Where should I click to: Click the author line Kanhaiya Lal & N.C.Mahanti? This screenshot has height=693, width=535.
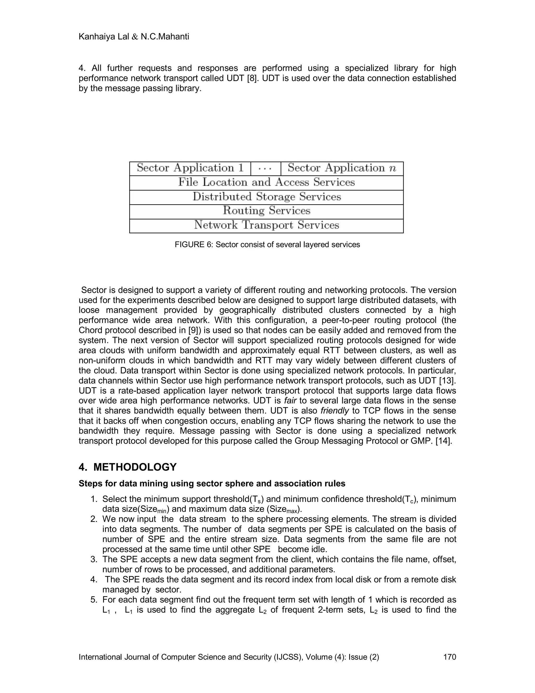tap(133, 37)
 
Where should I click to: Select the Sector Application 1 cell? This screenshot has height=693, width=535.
tap(190, 168)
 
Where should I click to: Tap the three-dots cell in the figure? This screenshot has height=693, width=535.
tap(265, 168)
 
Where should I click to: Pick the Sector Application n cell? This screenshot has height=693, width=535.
tap(342, 168)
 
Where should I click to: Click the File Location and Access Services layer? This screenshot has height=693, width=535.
tap(266, 183)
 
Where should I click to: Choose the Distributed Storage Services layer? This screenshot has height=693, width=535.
tap(266, 197)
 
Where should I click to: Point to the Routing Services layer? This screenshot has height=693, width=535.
tap(266, 211)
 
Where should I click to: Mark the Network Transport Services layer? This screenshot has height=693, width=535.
tap(266, 225)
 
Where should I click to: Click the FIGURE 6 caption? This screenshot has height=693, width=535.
tap(267, 245)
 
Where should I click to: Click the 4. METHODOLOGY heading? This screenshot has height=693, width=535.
tap(127, 467)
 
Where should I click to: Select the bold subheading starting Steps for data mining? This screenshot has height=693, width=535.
tap(212, 484)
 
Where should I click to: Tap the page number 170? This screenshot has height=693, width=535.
tap(449, 657)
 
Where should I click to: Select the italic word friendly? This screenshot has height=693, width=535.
tap(334, 411)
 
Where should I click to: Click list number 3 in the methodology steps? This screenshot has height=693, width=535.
tap(94, 559)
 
